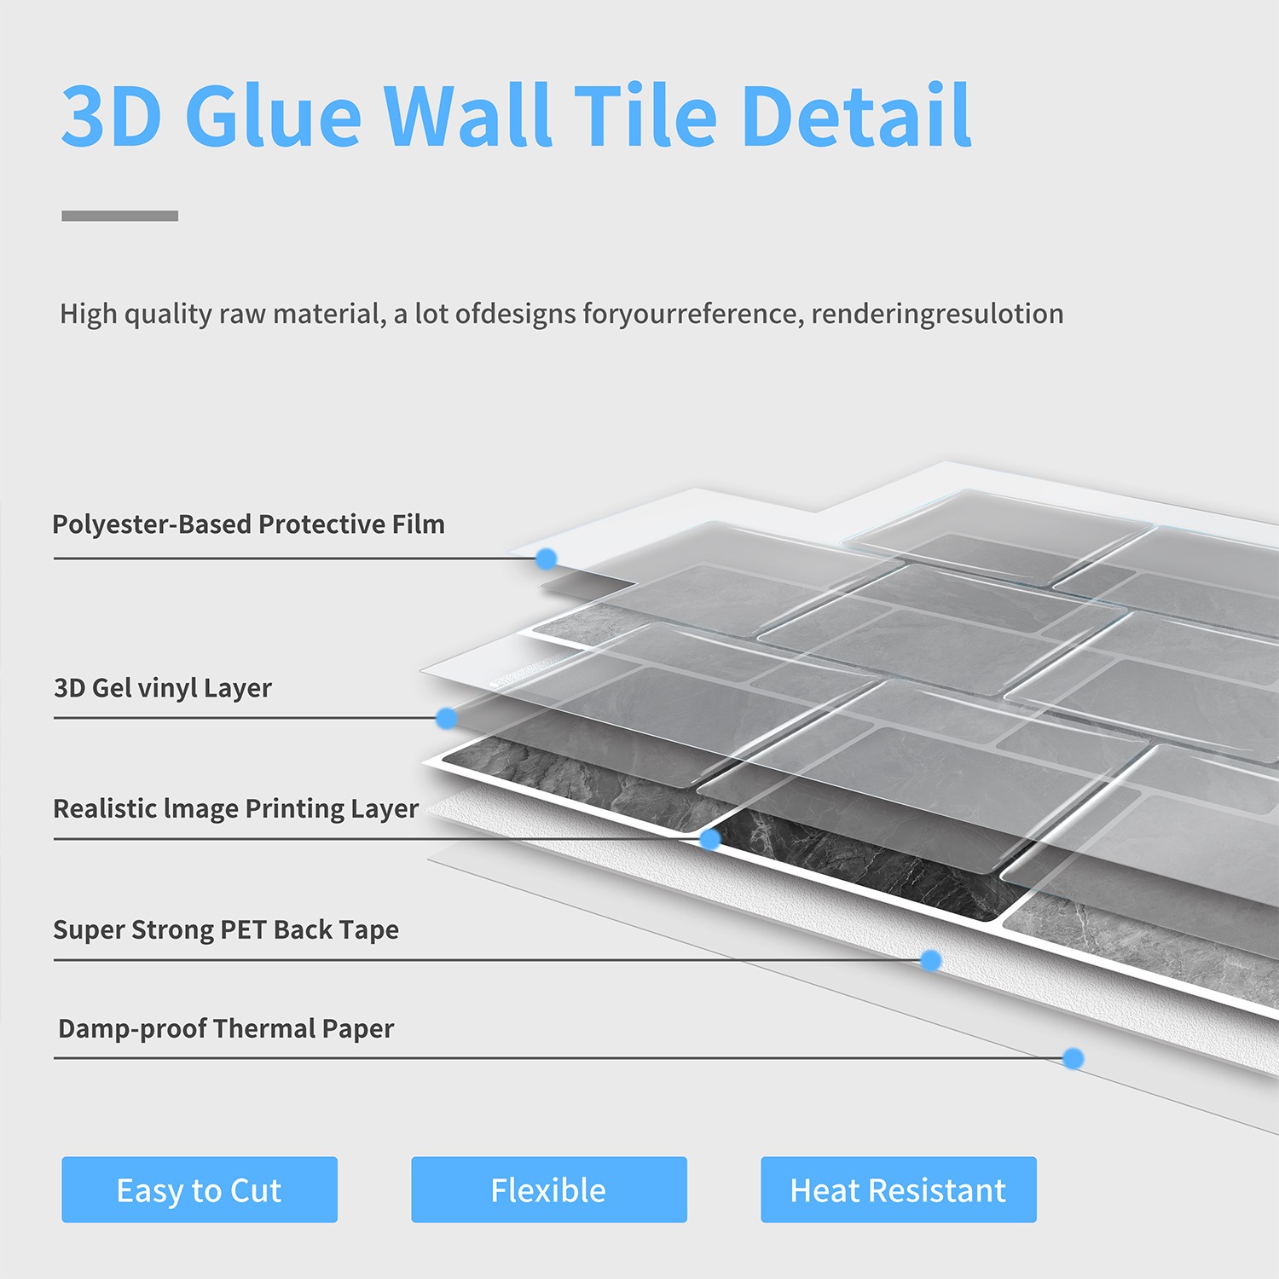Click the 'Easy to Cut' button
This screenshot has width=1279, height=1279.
200,1189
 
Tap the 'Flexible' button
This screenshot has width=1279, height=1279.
549,1189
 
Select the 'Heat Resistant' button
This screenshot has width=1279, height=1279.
899,1189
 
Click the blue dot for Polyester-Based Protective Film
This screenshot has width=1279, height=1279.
547,558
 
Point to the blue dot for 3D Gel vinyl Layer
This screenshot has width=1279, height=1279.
446,718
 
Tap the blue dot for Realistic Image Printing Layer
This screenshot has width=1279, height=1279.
709,839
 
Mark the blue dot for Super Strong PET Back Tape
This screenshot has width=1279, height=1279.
930,960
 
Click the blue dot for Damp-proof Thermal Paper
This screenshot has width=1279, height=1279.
1073,1058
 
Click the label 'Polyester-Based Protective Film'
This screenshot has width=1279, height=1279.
248,524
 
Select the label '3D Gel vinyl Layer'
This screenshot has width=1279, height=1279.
163,688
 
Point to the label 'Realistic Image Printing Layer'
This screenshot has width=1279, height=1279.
236,808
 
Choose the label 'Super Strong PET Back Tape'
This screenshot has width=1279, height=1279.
226,929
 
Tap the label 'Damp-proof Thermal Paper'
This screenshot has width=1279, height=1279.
226,1028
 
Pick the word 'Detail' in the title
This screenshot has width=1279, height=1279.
856,115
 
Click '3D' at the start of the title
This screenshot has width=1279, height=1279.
111,115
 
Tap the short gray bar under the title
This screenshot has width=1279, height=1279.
120,216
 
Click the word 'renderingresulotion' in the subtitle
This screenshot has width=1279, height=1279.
937,314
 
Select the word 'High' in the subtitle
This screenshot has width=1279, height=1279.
89,314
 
